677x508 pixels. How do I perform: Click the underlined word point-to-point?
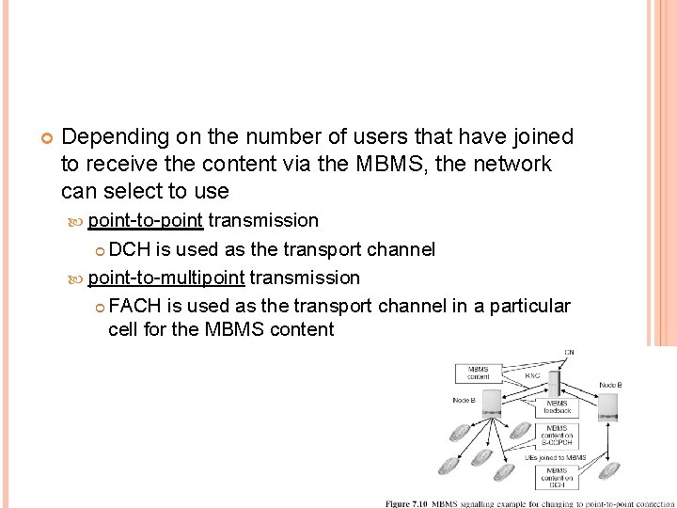pyautogui.click(x=145, y=221)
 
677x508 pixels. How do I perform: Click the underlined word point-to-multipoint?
pyautogui.click(x=166, y=278)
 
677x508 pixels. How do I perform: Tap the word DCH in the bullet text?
pyautogui.click(x=130, y=249)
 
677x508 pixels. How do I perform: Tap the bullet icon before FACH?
pyautogui.click(x=101, y=307)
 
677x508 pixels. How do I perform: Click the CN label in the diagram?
pyautogui.click(x=570, y=352)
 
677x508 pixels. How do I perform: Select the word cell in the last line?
pyautogui.click(x=123, y=330)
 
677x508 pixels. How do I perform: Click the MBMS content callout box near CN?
pyautogui.click(x=479, y=373)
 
